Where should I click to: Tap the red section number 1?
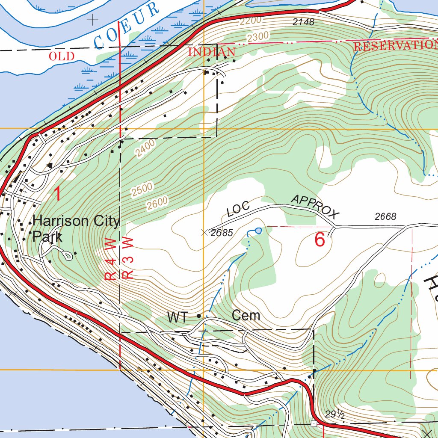(57, 194)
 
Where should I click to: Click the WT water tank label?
(177, 317)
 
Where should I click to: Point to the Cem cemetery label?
(246, 316)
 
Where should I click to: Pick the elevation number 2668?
(385, 217)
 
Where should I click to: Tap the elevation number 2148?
(303, 22)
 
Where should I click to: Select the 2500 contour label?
(142, 190)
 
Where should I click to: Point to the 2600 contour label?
(157, 203)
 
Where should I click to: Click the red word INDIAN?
(212, 52)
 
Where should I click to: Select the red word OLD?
(62, 56)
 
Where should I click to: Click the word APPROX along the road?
(315, 207)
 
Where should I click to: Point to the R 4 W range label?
(110, 260)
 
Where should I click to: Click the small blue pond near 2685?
(258, 231)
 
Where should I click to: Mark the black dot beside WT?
(198, 316)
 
